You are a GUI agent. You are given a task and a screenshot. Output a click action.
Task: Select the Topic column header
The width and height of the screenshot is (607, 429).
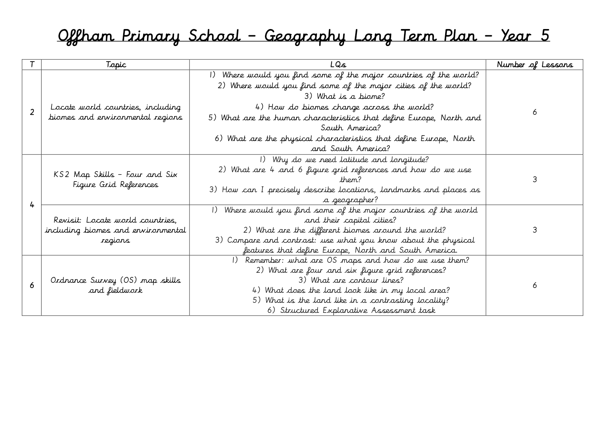[116, 65]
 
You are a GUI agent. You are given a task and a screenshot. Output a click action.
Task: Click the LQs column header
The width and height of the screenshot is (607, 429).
[338, 65]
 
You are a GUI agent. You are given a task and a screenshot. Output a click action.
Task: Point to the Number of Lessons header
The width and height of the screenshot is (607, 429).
[534, 65]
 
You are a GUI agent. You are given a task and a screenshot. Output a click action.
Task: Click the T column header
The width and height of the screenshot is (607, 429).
[32, 65]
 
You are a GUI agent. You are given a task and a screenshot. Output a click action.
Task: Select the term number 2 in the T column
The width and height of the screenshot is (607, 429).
[32, 112]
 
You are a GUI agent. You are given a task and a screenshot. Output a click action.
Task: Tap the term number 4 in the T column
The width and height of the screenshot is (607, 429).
[32, 205]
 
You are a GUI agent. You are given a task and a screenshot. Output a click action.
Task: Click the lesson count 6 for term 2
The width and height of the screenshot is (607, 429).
[534, 112]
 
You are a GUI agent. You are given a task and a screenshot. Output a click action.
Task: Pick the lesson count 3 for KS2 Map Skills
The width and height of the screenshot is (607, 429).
[534, 179]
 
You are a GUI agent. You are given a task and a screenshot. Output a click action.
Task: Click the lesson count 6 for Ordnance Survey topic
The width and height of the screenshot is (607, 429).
[534, 285]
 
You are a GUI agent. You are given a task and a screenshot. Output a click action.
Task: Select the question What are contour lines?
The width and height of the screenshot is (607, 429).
[350, 280]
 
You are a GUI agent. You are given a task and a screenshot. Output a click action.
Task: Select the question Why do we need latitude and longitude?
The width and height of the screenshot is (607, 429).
[344, 160]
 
